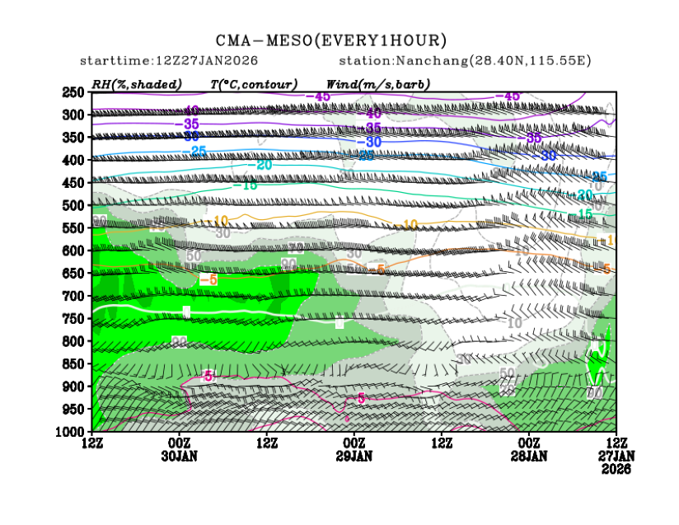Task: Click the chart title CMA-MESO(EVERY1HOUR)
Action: [331, 40]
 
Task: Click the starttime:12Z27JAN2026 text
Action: [169, 61]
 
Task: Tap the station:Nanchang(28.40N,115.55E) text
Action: [465, 61]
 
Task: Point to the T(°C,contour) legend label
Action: [254, 84]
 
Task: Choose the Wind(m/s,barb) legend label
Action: [378, 84]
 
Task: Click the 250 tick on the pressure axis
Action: [74, 91]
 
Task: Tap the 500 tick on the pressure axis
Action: [74, 205]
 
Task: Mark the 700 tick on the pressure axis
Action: [74, 296]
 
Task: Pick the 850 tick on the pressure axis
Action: [74, 363]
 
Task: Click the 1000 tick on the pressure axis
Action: [72, 432]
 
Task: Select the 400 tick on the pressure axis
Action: [74, 160]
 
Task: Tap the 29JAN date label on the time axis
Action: [354, 456]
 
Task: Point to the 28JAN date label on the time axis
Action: [529, 456]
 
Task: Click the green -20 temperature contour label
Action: [263, 165]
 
